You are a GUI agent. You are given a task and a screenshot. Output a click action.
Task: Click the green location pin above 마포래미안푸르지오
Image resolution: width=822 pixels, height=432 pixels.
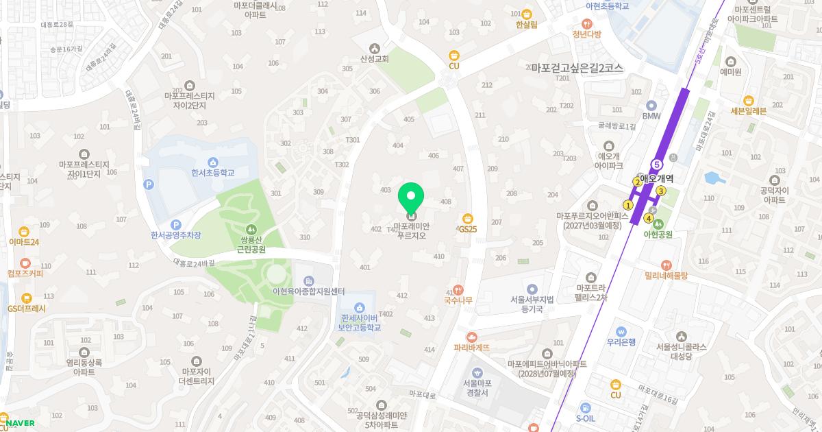pyautogui.click(x=411, y=197)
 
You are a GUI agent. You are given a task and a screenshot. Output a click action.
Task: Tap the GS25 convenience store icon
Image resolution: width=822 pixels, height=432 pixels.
pyautogui.click(x=468, y=218)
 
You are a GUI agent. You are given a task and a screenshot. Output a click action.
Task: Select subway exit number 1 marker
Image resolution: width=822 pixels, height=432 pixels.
pyautogui.click(x=627, y=204)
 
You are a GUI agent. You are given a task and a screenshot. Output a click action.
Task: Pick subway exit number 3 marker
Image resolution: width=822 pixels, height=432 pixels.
pyautogui.click(x=661, y=191)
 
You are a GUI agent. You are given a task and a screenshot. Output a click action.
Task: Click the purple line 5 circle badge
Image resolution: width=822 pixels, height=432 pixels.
pyautogui.click(x=657, y=165)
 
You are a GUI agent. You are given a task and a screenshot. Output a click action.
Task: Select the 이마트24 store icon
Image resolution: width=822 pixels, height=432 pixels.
pyautogui.click(x=24, y=231)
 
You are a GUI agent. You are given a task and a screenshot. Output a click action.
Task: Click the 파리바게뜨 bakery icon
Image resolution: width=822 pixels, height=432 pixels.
pyautogui.click(x=471, y=337)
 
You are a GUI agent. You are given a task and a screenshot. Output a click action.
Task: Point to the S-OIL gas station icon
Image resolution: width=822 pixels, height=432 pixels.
pyautogui.click(x=585, y=407)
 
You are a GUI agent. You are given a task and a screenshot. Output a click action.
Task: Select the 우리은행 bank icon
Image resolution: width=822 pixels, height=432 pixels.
pyautogui.click(x=621, y=331)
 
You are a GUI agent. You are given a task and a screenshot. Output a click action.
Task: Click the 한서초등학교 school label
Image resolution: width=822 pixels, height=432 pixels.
pyautogui.click(x=213, y=173)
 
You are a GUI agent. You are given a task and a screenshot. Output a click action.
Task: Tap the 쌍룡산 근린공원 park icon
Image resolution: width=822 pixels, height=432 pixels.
pyautogui.click(x=251, y=228)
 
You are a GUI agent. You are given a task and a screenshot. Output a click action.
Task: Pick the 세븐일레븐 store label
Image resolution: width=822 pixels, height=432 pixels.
pyautogui.click(x=748, y=111)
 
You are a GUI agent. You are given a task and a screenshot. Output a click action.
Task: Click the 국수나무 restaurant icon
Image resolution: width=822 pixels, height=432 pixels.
pyautogui.click(x=458, y=290)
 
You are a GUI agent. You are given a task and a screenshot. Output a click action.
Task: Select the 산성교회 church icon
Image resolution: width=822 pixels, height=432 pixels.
pyautogui.click(x=374, y=48)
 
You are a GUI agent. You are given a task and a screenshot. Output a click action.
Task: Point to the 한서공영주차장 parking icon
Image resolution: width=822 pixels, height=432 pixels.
pyautogui.click(x=176, y=224)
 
